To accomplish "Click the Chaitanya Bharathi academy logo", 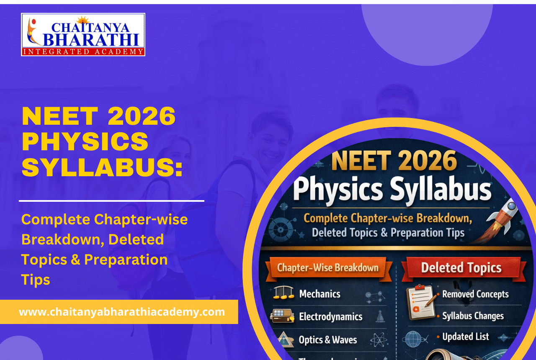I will pyautogui.click(x=83, y=34).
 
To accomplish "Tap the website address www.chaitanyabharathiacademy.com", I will pyautogui.click(x=122, y=312).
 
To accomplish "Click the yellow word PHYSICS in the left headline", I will pyautogui.click(x=85, y=141).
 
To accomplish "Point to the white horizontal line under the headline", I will pyautogui.click(x=111, y=201).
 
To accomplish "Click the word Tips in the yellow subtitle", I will pyautogui.click(x=36, y=280).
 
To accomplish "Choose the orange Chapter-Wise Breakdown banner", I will pyautogui.click(x=328, y=268).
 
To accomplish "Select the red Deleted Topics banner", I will pyautogui.click(x=461, y=268).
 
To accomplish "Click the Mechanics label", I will pyautogui.click(x=320, y=294).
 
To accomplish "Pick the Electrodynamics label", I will pyautogui.click(x=330, y=316).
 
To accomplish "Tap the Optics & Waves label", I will pyautogui.click(x=327, y=339).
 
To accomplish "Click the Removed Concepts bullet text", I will pyautogui.click(x=475, y=294).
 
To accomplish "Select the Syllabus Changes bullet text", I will pyautogui.click(x=473, y=316).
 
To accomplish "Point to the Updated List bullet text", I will pyautogui.click(x=466, y=337).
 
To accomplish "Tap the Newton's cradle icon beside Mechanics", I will pyautogui.click(x=283, y=293).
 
